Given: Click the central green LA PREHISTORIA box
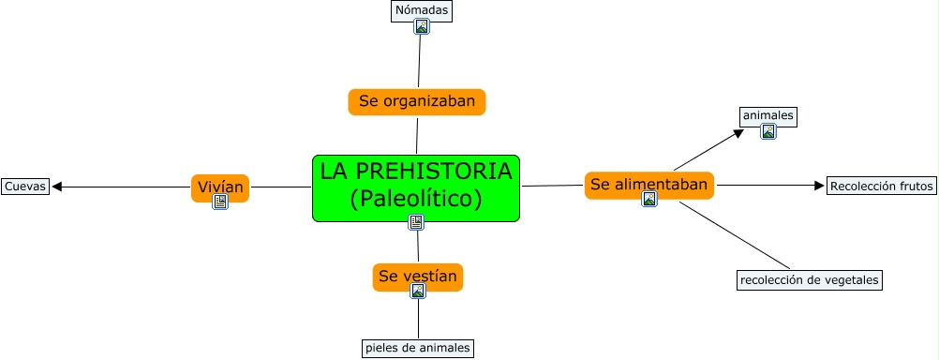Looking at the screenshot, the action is (415, 188).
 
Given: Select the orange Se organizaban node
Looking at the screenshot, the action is (417, 102).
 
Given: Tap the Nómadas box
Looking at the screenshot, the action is (422, 11).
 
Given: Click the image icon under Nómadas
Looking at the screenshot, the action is (422, 26).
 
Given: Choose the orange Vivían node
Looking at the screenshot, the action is (220, 188).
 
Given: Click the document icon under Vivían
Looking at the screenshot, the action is (220, 202).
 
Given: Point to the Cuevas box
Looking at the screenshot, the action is (25, 187).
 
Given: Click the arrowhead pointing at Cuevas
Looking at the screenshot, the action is (57, 187).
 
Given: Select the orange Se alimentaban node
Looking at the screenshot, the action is (649, 185).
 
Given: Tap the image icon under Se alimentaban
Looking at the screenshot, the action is (649, 199).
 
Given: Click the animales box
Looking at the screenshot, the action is (768, 115).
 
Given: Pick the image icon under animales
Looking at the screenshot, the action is (768, 132).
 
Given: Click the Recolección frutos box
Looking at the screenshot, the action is (882, 187).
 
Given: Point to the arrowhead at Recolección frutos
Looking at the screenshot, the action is (820, 186).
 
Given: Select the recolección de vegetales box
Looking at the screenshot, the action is (810, 279).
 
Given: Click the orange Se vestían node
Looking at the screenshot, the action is (418, 277).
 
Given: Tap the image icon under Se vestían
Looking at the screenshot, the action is (418, 292).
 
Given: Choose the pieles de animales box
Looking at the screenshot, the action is (418, 348).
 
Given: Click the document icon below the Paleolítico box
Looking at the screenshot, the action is (416, 223).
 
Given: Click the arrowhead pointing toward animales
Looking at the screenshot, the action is (739, 133).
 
